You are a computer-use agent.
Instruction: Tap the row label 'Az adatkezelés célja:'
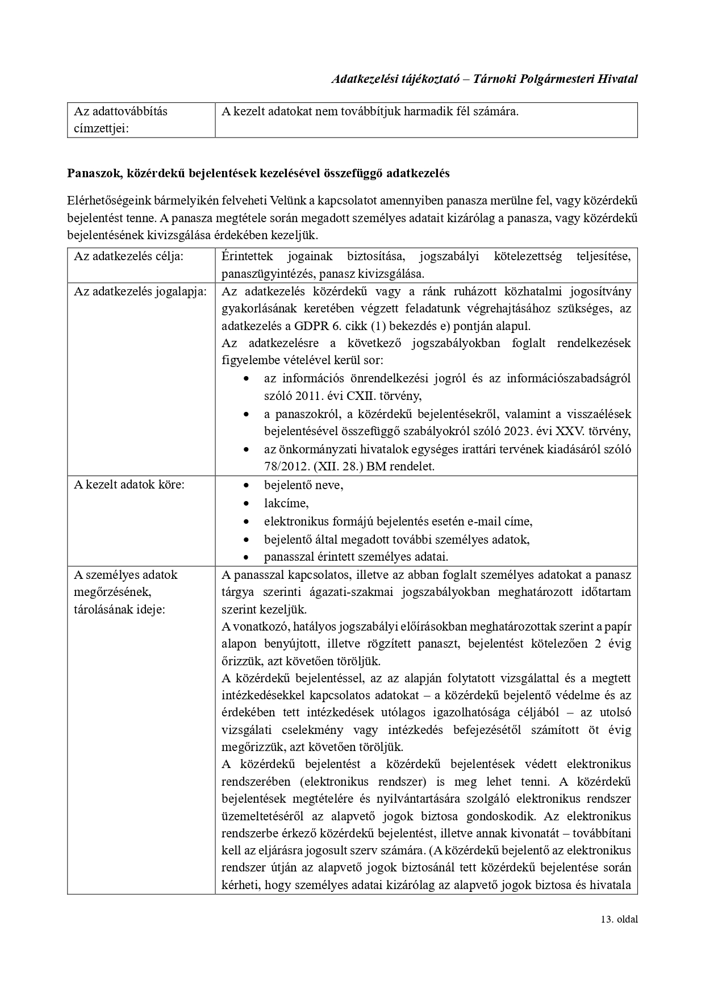click(x=128, y=256)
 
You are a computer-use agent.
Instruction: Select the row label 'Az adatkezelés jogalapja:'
click(x=140, y=291)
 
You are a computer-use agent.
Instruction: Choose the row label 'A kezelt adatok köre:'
click(x=130, y=485)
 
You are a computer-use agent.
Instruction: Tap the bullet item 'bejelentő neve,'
click(x=303, y=486)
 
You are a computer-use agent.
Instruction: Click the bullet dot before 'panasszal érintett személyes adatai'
click(x=245, y=557)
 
